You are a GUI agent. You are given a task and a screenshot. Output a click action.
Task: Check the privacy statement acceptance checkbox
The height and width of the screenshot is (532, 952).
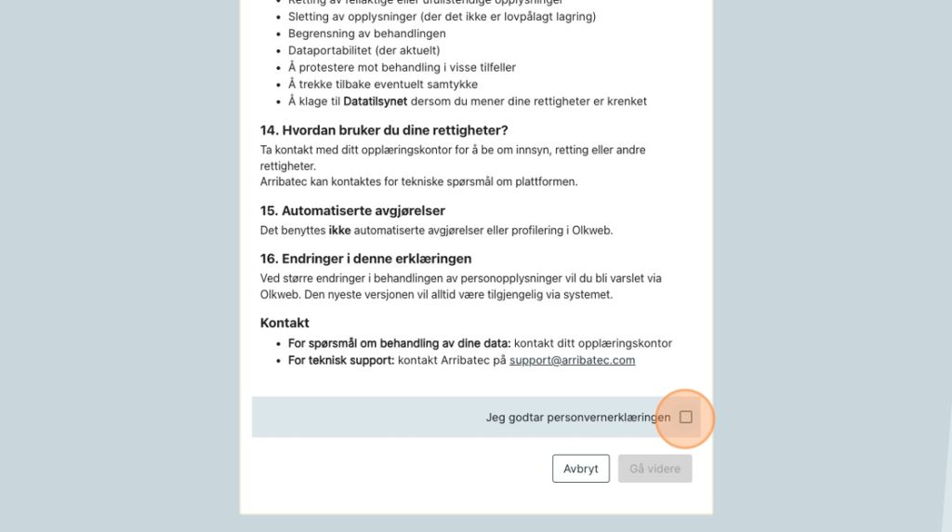685,417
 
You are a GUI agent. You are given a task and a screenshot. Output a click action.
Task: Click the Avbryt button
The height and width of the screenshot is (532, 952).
580,469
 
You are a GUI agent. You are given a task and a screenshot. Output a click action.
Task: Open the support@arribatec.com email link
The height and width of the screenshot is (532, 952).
572,360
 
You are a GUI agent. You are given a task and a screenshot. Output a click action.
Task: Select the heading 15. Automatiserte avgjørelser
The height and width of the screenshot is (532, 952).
352,210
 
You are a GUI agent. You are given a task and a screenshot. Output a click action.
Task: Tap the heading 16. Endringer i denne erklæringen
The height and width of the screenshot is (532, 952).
365,259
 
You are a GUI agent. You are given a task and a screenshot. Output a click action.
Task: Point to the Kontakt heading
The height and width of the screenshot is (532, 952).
284,323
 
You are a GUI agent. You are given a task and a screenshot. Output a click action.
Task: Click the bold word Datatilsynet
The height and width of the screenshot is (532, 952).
375,100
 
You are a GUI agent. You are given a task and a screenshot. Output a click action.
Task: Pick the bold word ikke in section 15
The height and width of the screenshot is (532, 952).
339,230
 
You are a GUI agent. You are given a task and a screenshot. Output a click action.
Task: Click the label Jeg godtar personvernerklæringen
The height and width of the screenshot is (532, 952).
577,418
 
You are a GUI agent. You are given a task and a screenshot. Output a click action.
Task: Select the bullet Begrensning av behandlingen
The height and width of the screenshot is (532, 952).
366,33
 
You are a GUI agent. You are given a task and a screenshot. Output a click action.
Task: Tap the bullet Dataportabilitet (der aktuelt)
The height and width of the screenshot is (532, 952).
364,50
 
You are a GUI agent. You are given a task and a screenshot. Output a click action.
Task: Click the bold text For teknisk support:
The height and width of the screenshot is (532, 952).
340,360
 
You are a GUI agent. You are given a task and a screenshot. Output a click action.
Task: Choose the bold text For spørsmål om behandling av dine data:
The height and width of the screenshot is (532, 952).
399,343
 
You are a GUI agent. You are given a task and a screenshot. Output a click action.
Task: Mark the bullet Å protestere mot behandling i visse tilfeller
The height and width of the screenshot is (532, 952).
402,67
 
